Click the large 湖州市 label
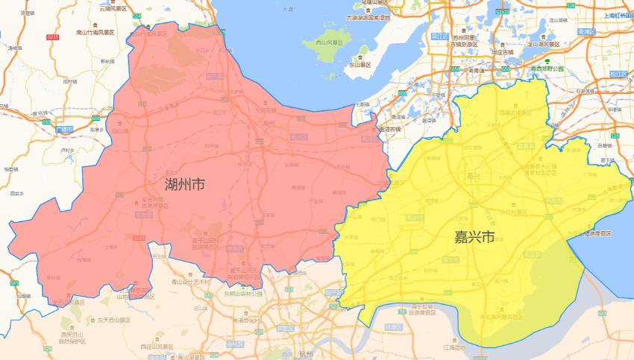pos(185,183)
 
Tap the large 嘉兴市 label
pos(475,238)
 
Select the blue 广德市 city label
pos(65,129)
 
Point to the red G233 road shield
pos(51,37)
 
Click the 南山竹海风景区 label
pos(95,33)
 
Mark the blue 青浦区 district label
pos(588,32)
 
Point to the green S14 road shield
pos(136,16)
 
